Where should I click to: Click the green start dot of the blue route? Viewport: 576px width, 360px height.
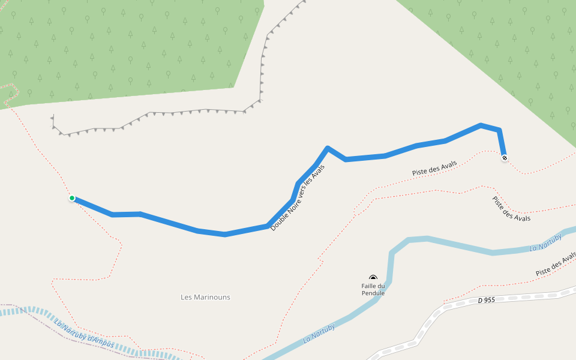72,198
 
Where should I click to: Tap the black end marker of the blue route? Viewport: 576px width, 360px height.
505,158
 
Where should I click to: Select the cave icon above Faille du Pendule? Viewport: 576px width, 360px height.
373,278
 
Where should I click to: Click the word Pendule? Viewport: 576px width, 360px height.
373,293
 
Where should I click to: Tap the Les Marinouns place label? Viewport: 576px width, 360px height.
205,297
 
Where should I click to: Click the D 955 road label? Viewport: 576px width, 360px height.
487,299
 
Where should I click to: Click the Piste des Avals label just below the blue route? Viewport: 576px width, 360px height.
434,168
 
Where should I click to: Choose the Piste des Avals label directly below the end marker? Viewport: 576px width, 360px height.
511,209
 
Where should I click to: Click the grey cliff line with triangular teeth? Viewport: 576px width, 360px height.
180,112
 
